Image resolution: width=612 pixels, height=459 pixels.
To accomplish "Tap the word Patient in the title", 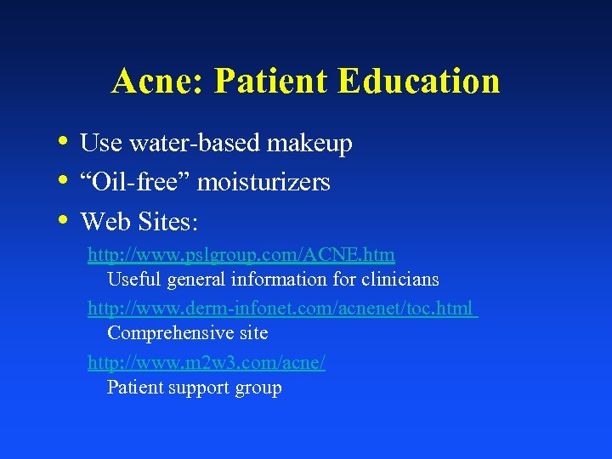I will (x=271, y=82).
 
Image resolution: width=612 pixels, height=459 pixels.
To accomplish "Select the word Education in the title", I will (x=418, y=82).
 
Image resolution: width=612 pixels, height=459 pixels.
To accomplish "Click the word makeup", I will (x=309, y=144).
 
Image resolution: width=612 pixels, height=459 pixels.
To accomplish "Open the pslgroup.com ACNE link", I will (x=241, y=254).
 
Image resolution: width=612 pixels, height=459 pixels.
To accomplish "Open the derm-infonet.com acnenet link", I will (x=282, y=309).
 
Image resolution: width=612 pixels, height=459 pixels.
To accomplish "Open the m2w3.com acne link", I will (x=207, y=363).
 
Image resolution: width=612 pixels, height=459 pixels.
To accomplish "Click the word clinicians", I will (x=399, y=279).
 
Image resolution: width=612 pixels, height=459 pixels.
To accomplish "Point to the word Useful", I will (x=133, y=279).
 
